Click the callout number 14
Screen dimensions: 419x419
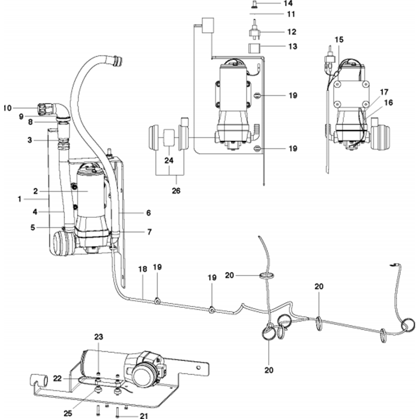point(289,3)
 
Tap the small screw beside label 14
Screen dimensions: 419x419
point(254,3)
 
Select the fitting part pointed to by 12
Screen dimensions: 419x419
point(254,32)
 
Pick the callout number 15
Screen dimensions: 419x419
point(339,40)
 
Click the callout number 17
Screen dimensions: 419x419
point(384,91)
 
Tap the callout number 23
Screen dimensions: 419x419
point(98,336)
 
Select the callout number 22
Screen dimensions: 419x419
point(57,378)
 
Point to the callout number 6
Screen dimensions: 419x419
point(148,213)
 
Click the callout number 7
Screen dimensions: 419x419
point(149,231)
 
